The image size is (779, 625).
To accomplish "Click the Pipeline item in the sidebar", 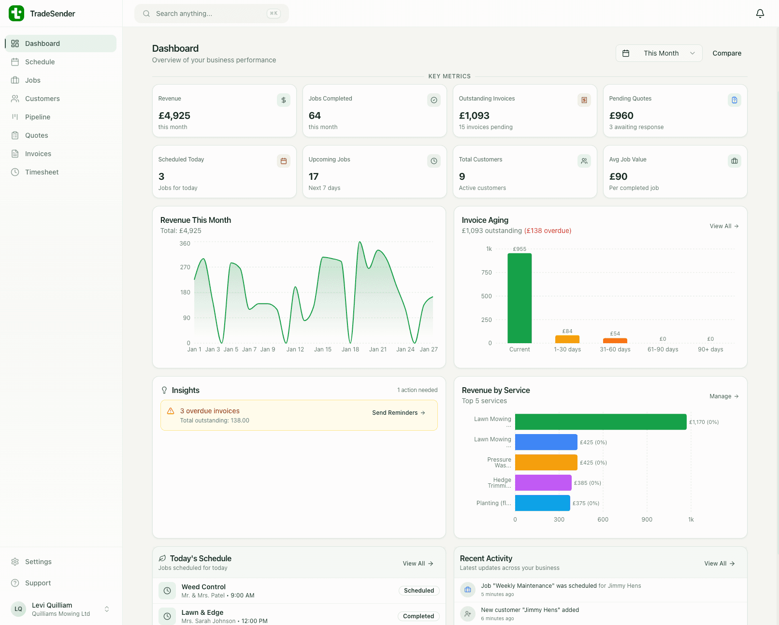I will click(x=37, y=117).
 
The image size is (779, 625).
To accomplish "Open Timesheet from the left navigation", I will click(x=42, y=172).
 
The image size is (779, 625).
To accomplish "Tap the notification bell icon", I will click(x=760, y=14).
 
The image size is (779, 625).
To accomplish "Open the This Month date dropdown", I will click(x=659, y=53).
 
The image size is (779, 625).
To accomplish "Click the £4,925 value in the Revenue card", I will click(x=174, y=116).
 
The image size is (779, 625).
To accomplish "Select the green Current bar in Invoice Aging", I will click(x=519, y=298).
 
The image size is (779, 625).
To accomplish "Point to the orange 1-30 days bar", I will click(x=567, y=339).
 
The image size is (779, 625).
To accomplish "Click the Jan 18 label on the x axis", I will click(x=350, y=349).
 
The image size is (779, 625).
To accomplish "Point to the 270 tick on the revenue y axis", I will click(x=185, y=267).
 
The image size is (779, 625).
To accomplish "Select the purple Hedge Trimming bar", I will click(x=543, y=483).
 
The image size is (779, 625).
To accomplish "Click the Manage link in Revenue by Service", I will click(x=723, y=396).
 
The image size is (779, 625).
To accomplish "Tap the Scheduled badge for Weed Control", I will click(x=418, y=591).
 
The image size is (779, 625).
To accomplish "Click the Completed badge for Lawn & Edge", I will click(x=418, y=616).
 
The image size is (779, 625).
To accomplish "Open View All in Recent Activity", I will click(x=719, y=564).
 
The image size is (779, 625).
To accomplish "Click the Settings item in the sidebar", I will click(x=38, y=562).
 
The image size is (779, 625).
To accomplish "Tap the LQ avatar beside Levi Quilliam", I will click(x=18, y=609).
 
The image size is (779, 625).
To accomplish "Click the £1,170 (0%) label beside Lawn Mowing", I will click(x=704, y=422).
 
